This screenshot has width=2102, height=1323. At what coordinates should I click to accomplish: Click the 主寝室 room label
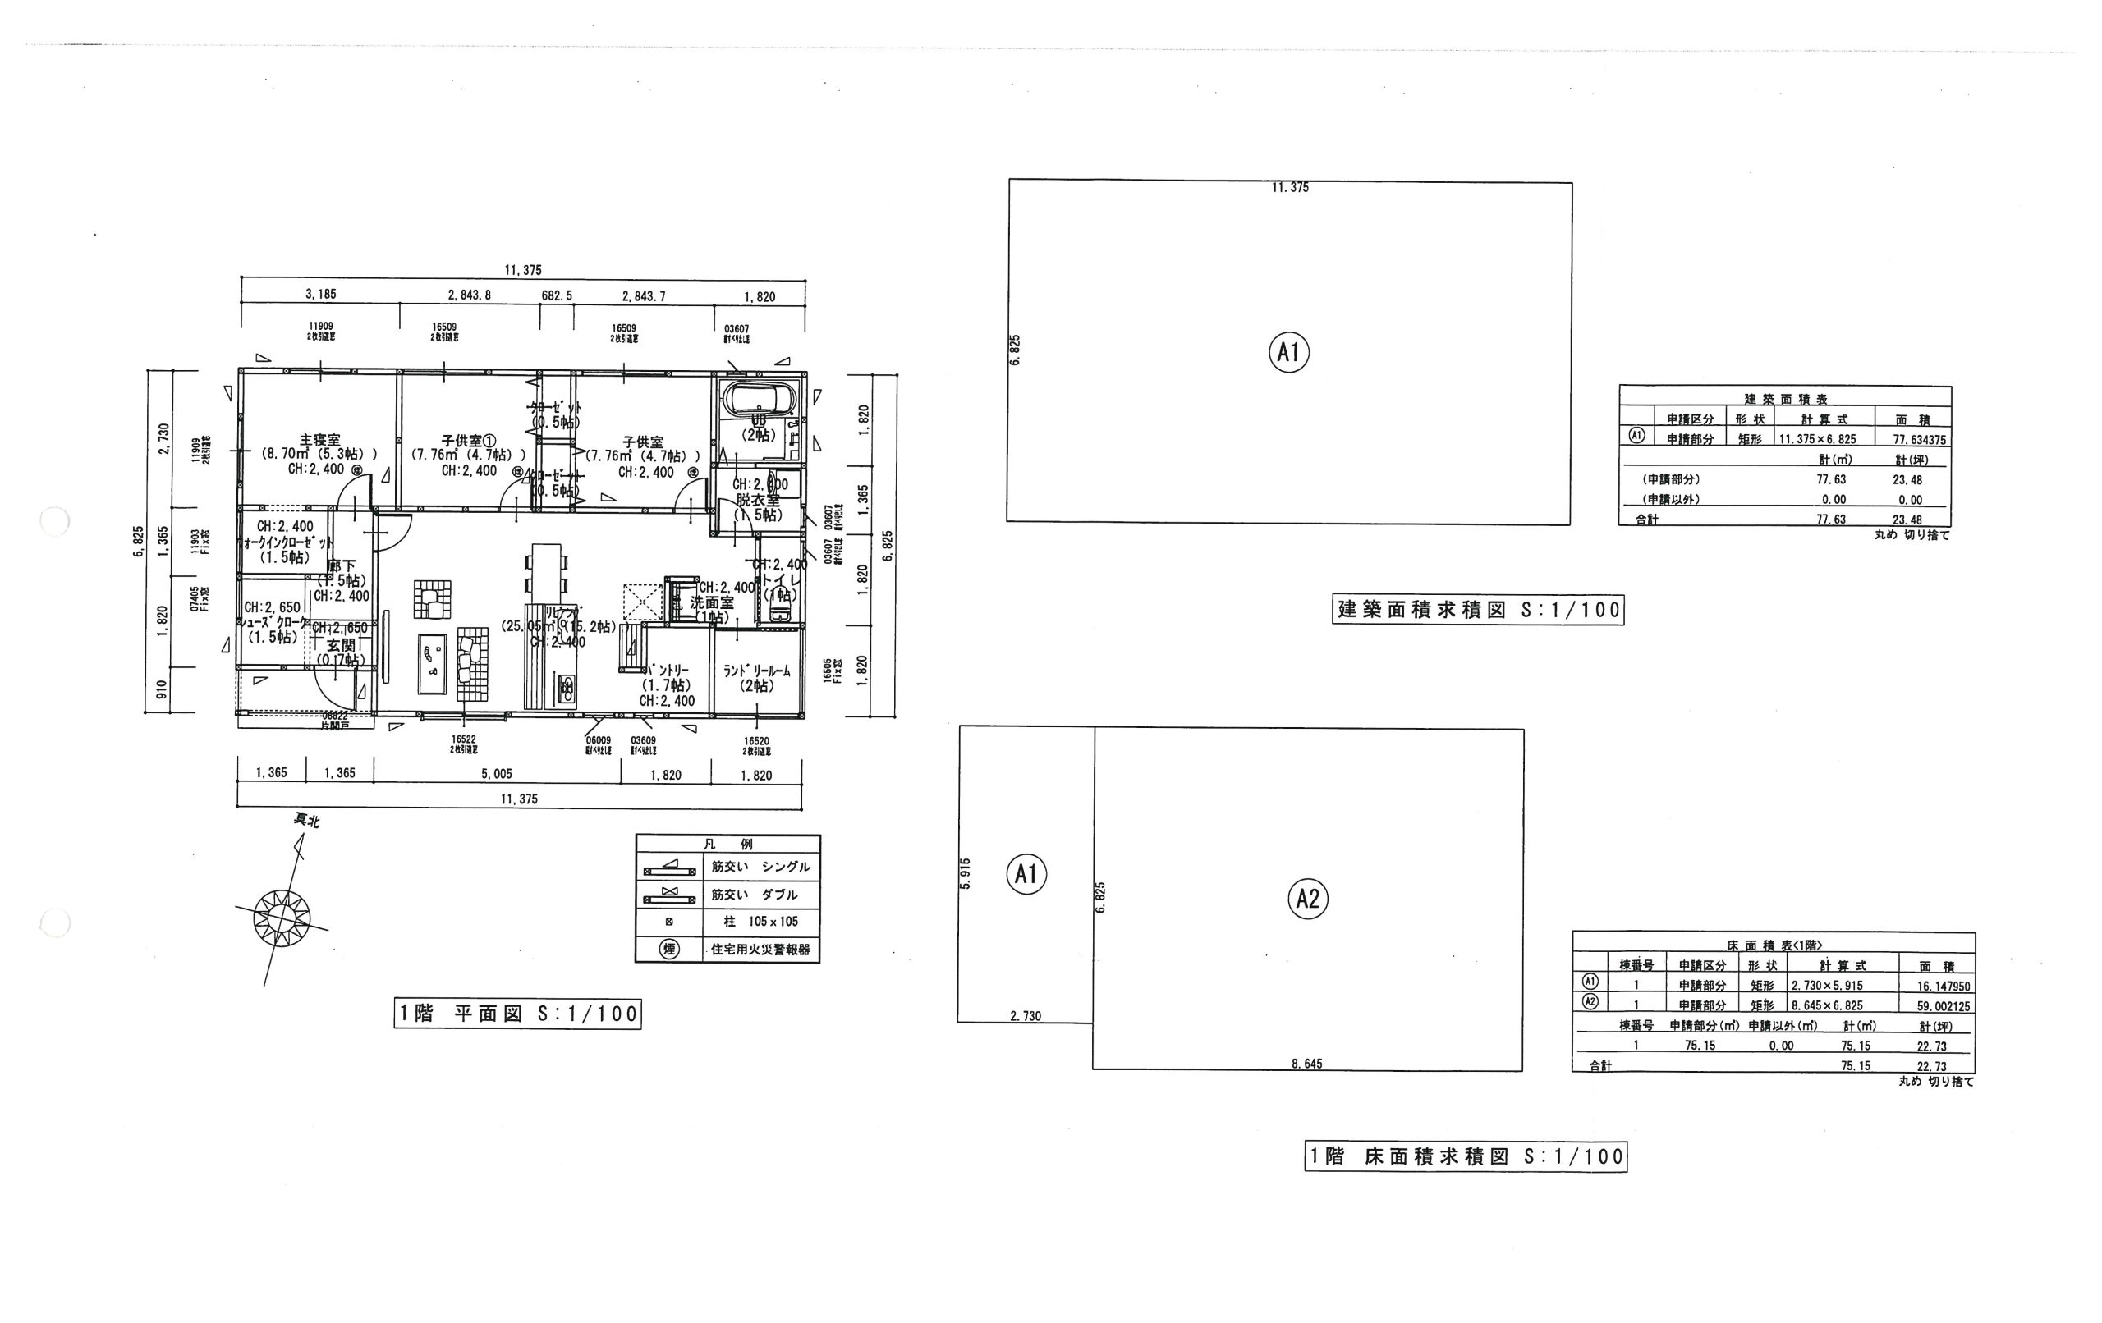[319, 441]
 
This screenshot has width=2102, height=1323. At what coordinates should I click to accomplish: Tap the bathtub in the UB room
[760, 398]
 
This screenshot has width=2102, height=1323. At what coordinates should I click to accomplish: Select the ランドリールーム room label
[757, 671]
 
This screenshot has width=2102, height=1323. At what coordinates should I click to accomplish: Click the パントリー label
[667, 670]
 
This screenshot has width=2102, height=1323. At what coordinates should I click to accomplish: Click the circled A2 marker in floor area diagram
[1308, 898]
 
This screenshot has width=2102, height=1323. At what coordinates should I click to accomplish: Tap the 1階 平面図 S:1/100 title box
[517, 1014]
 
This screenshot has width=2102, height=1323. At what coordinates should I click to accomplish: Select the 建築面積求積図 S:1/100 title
[1479, 609]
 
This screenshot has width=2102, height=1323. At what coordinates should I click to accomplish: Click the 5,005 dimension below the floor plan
[497, 773]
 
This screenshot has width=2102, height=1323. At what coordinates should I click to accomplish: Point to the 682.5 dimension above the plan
[557, 295]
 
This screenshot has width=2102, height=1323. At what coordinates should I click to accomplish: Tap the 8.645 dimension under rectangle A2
[1306, 1064]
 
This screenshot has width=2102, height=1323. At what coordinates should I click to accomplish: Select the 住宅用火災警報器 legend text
[760, 950]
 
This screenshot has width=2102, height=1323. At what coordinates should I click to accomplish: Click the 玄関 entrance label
[342, 646]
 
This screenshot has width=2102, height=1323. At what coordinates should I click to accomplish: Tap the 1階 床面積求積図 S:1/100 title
[1466, 1157]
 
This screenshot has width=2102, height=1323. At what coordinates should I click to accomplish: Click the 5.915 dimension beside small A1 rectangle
[965, 873]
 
